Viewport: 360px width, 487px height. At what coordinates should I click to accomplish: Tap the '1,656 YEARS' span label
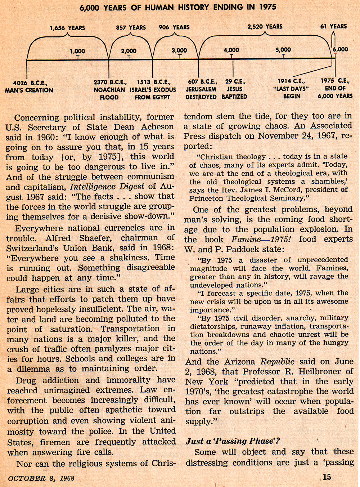(67, 28)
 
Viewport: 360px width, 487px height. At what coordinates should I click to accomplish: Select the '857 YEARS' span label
(131, 27)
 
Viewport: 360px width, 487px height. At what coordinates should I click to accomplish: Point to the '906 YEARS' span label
(174, 27)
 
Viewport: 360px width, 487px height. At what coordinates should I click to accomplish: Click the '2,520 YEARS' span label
(265, 27)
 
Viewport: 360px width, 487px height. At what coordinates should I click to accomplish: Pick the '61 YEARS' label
(333, 26)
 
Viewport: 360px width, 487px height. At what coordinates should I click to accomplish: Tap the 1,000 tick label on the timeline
(77, 51)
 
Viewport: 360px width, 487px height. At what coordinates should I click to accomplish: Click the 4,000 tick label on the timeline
(231, 50)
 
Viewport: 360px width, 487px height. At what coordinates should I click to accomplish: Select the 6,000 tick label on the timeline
(340, 49)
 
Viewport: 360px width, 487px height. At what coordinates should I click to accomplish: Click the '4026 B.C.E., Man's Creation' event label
(29, 86)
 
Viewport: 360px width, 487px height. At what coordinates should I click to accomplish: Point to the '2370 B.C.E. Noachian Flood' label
(109, 90)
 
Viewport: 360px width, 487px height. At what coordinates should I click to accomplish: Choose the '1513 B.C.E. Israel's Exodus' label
(153, 90)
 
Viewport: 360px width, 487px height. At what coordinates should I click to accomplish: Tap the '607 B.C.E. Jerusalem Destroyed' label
(201, 89)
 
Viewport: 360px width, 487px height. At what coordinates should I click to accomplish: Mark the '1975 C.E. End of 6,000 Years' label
(335, 88)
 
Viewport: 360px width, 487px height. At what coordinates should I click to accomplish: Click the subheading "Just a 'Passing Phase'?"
(233, 441)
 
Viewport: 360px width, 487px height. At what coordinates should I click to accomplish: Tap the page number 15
(327, 477)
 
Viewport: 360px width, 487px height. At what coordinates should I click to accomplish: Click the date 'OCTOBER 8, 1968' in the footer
(41, 478)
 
